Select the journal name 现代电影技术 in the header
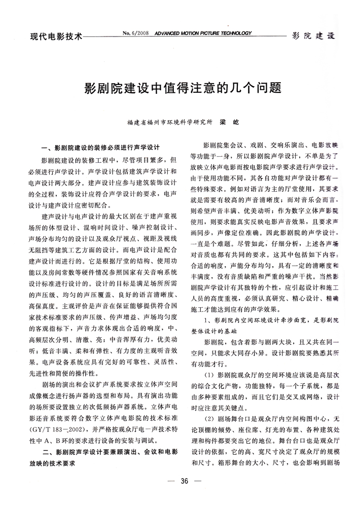[x=56, y=37]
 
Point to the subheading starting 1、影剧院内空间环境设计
[x=267, y=321]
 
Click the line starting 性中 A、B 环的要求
[x=101, y=426]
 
